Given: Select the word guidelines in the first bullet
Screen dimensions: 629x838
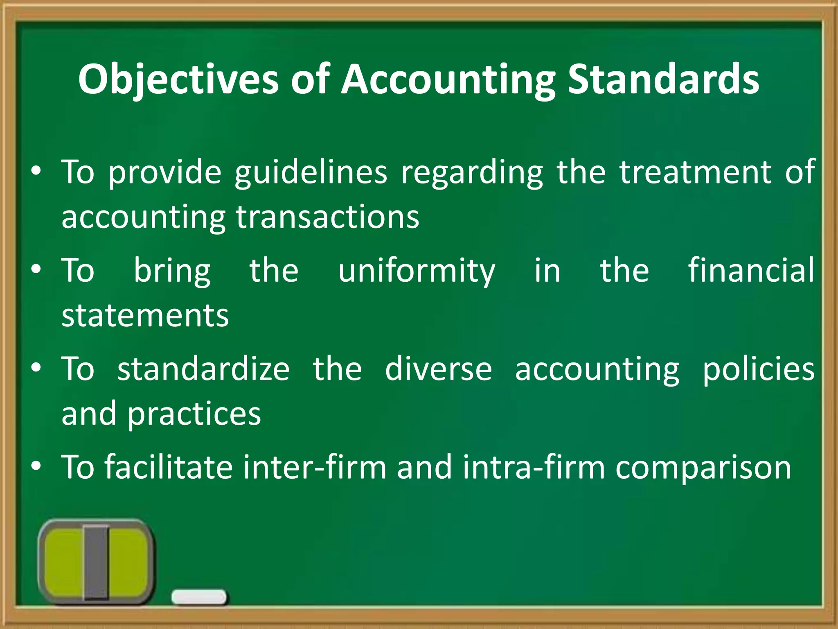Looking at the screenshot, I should click(x=311, y=173).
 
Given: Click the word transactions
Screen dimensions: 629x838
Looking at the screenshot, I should click(x=327, y=217).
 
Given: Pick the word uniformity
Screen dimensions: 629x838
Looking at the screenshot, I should click(x=417, y=271).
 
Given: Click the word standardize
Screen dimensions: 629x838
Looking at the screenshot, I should click(x=203, y=369).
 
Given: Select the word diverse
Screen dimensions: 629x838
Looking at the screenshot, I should click(x=438, y=369).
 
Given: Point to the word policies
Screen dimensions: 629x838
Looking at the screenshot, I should click(x=759, y=369).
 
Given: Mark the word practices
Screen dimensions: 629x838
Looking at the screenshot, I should click(x=194, y=414).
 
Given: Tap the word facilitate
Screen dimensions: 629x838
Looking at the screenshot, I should click(x=169, y=467).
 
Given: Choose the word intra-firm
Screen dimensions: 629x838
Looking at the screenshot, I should click(x=534, y=467).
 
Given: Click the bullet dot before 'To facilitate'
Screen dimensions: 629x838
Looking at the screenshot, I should click(x=36, y=466).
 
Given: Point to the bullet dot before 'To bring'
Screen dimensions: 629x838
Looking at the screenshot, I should click(x=36, y=270).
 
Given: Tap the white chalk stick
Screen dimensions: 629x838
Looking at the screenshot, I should click(x=199, y=597).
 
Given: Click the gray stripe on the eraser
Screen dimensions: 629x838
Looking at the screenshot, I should click(x=97, y=562).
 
